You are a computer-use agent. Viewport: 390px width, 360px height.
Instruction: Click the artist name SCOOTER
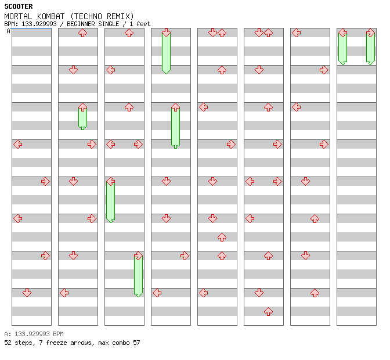[19, 6]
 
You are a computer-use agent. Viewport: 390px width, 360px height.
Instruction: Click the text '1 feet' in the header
[139, 24]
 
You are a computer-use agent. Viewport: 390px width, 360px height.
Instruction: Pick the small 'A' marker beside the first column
[8, 31]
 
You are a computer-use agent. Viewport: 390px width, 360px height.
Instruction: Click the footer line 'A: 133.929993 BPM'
[34, 334]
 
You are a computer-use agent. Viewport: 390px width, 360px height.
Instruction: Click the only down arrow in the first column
[27, 293]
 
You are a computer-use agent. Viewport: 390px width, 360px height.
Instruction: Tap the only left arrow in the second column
[64, 293]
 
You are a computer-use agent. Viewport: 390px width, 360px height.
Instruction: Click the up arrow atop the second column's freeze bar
[82, 107]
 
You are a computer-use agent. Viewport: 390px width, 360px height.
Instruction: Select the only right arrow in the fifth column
[231, 144]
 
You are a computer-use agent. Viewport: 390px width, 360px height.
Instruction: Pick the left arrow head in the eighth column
[342, 33]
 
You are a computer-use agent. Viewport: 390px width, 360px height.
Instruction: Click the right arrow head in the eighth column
[370, 33]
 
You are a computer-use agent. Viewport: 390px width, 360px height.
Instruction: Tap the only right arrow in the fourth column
[185, 255]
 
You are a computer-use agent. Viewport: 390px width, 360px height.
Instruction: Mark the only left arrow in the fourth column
[157, 293]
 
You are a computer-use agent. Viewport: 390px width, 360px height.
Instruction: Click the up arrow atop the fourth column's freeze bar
[175, 107]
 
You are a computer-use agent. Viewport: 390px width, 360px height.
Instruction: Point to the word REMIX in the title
[121, 16]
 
